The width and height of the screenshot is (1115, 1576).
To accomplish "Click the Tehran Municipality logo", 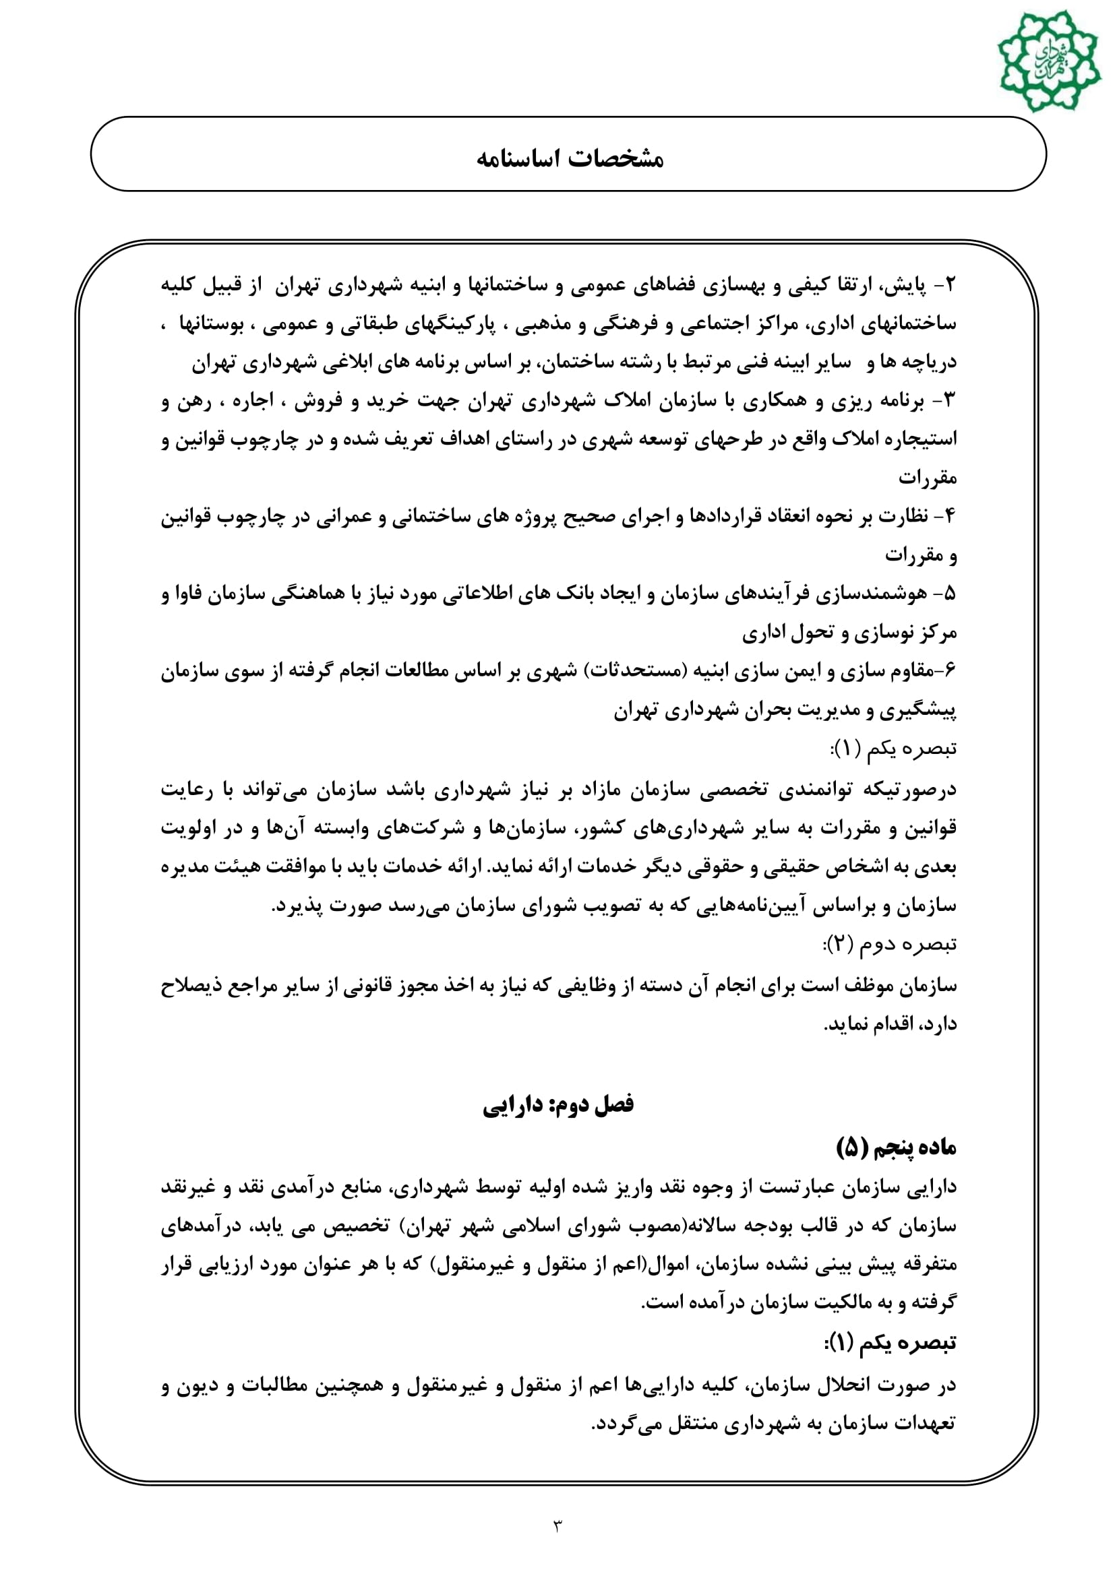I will coord(1048,60).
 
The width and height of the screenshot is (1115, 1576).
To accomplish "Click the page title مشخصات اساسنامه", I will coord(569,158).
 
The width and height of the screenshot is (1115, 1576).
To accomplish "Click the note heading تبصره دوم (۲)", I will coord(890,945).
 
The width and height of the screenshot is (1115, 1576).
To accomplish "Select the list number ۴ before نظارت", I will coord(951,516).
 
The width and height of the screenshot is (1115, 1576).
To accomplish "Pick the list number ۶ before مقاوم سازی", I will coord(951,670).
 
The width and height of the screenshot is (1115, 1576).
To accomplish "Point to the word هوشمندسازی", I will coord(870,593).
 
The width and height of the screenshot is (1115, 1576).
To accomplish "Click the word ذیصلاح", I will coord(185,986).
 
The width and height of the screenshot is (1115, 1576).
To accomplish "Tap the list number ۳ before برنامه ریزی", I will coord(951,401).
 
